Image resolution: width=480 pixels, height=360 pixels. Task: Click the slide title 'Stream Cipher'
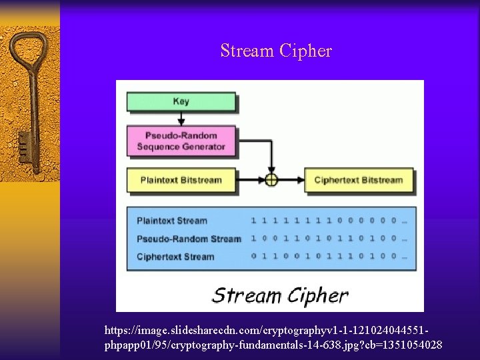(276, 51)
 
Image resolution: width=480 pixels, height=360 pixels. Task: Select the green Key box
(181, 102)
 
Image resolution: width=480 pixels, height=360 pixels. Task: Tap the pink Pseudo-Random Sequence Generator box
(181, 141)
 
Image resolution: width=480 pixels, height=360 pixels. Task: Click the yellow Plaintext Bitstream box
(181, 180)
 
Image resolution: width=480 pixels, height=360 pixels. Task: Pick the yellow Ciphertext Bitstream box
(359, 180)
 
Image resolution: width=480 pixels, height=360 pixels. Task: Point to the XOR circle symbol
(271, 180)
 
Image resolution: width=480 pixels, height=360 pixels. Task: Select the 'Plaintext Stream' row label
(172, 221)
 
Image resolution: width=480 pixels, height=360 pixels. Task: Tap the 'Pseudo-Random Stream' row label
(189, 239)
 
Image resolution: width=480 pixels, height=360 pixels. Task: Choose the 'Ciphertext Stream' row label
(175, 257)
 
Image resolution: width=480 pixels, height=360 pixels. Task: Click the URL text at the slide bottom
(273, 338)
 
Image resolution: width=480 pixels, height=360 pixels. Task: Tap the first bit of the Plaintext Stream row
(253, 221)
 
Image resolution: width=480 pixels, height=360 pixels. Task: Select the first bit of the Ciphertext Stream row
(253, 257)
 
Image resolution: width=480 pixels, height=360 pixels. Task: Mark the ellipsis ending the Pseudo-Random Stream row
(405, 239)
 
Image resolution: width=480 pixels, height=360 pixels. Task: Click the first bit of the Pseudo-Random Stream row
(253, 239)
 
